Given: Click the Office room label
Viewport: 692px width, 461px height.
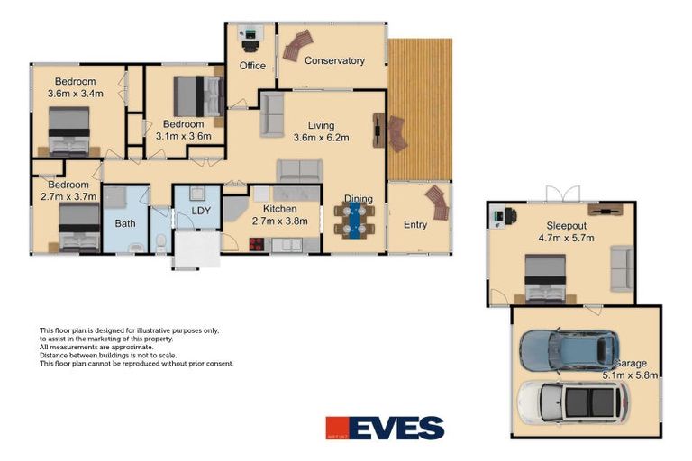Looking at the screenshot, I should [x=252, y=66].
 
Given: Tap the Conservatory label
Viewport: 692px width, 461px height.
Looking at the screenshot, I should [x=334, y=61].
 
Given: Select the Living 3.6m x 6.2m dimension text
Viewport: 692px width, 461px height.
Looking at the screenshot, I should [x=321, y=138].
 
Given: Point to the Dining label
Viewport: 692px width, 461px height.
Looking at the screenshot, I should [x=358, y=200].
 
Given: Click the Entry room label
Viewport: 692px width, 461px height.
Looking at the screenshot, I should [x=415, y=225].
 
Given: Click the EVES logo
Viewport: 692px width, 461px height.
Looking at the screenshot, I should [x=385, y=428].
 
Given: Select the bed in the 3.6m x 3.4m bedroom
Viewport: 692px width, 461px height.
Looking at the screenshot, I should [x=68, y=131].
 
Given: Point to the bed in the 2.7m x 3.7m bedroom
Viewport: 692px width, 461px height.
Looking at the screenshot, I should [x=78, y=227].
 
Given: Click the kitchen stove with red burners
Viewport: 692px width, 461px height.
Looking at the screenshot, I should [x=257, y=243].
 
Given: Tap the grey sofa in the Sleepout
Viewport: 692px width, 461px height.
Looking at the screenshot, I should [x=621, y=268].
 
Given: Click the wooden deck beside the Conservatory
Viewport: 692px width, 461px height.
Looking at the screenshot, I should [x=420, y=108].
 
